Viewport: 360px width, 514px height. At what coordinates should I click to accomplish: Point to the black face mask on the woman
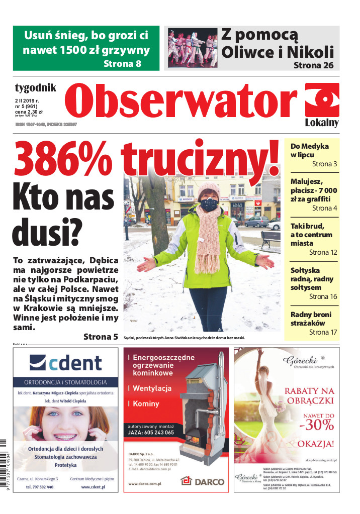(x=209, y=204)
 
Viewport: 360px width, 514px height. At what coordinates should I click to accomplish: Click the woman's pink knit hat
(x=208, y=190)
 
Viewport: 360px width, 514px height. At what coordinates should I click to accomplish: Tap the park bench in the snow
(x=271, y=239)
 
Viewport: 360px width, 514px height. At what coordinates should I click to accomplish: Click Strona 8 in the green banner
(x=123, y=64)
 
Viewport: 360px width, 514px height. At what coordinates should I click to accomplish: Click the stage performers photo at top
(x=192, y=48)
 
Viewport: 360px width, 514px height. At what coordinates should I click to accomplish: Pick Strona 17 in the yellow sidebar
(x=323, y=332)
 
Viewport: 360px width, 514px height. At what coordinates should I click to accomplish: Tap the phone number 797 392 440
(x=40, y=487)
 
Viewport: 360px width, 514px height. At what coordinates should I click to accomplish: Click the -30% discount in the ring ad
(x=316, y=425)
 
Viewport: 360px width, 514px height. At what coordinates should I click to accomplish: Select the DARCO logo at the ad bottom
(x=203, y=481)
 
